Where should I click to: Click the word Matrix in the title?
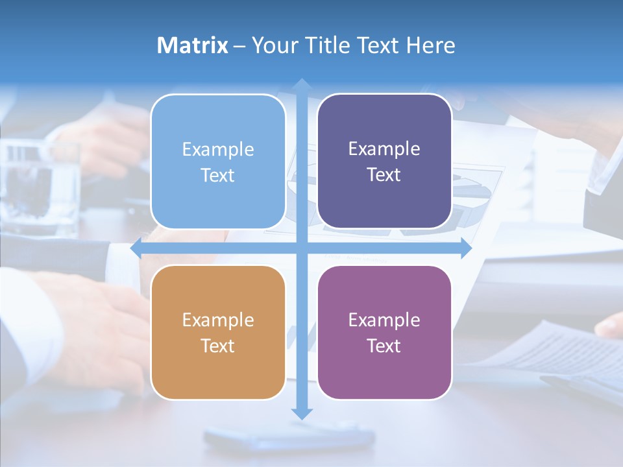[193, 45]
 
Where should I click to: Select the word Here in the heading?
[431, 45]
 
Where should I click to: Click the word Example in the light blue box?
[218, 149]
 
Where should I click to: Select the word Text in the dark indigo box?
[384, 174]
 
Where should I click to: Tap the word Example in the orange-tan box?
[218, 320]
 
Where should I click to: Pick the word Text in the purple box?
[384, 346]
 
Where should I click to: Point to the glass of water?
[40, 188]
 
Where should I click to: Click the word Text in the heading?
[379, 45]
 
